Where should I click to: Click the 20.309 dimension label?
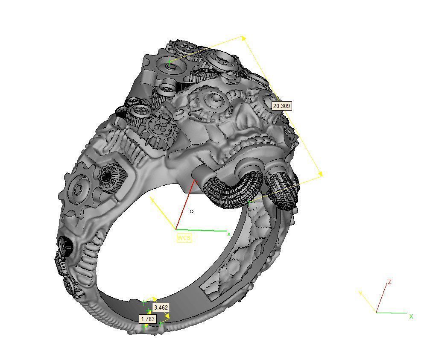(281, 105)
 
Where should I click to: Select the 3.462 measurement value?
(161, 307)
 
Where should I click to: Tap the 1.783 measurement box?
(148, 319)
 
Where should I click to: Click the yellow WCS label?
(184, 238)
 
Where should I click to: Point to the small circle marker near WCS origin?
(192, 211)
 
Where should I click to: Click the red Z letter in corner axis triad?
(390, 282)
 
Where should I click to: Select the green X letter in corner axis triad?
(411, 316)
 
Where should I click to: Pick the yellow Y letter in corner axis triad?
(361, 293)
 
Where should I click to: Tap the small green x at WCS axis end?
(229, 234)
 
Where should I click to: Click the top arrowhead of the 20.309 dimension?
(244, 38)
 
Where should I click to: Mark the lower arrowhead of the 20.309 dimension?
(320, 174)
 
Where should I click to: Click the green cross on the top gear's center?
(170, 63)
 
